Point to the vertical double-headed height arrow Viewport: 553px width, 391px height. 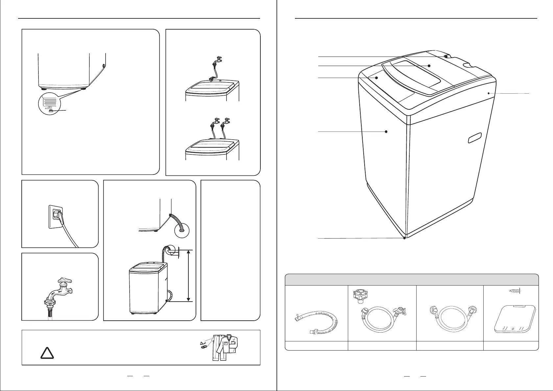pos(188,276)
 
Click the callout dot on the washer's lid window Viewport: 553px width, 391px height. pos(429,66)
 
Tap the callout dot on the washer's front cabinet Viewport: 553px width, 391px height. pos(386,131)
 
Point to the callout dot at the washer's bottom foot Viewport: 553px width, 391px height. pos(405,238)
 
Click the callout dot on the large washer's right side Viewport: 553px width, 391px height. pos(489,93)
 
